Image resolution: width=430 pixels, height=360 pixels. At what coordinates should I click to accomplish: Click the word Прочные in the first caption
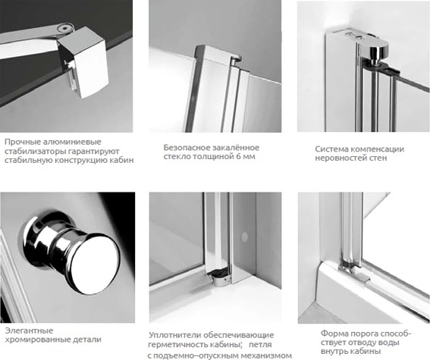tap(22, 142)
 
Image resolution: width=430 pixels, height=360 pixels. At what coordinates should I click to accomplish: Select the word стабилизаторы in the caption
tap(35, 152)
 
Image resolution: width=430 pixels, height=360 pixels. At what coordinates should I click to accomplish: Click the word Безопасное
tap(186, 148)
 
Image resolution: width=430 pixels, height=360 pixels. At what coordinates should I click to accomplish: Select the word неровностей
tap(340, 158)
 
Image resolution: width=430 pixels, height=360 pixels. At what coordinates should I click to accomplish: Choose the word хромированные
tap(37, 340)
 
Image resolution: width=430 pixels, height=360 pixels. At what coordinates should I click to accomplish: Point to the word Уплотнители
tap(174, 335)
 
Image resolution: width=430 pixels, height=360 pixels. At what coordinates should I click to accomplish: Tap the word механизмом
tap(265, 356)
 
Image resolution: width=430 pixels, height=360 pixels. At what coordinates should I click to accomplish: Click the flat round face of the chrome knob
tap(97, 262)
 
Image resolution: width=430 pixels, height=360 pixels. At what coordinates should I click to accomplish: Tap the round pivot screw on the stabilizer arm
tap(65, 27)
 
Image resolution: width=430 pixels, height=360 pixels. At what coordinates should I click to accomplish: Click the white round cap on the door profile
tap(244, 237)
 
